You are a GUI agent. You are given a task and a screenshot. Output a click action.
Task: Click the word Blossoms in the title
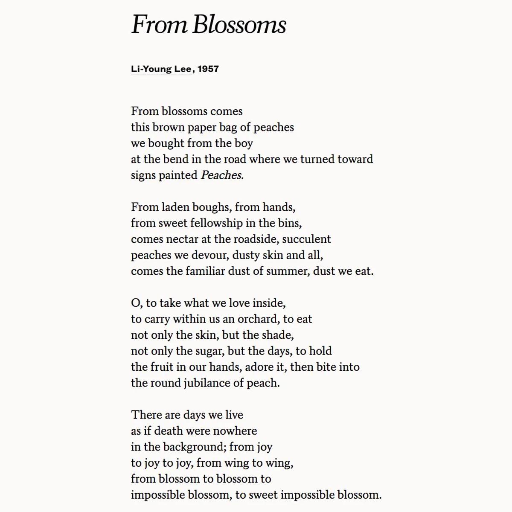tap(239, 25)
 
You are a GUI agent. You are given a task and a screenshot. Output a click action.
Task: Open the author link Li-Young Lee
tap(161, 69)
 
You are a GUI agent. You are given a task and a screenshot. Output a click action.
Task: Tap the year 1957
tap(208, 69)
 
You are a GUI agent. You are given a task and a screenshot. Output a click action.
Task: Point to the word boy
tap(244, 143)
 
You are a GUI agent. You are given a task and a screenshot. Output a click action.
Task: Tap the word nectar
tap(182, 239)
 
